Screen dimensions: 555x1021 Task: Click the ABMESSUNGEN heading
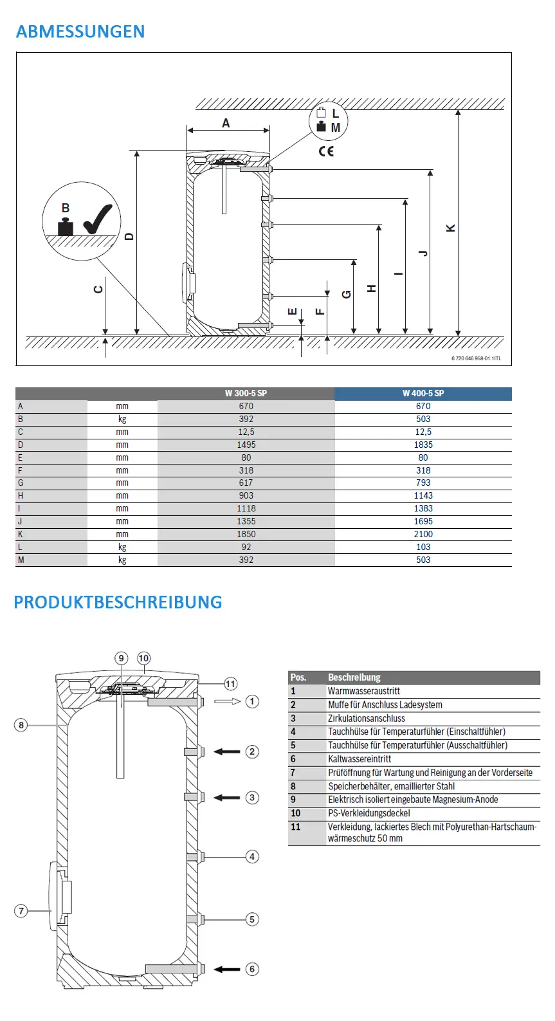(x=80, y=32)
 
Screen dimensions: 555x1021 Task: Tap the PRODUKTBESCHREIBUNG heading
(x=118, y=602)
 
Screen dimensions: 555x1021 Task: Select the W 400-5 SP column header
(x=423, y=393)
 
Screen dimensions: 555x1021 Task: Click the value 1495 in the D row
(x=246, y=445)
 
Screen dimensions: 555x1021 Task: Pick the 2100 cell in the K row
(x=423, y=534)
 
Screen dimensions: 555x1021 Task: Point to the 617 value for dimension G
(x=246, y=483)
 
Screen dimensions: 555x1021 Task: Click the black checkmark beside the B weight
(x=98, y=219)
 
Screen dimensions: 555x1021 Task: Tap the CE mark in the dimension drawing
(x=326, y=151)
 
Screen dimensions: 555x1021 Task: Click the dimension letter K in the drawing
(x=450, y=228)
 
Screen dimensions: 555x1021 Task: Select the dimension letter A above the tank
(x=226, y=123)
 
